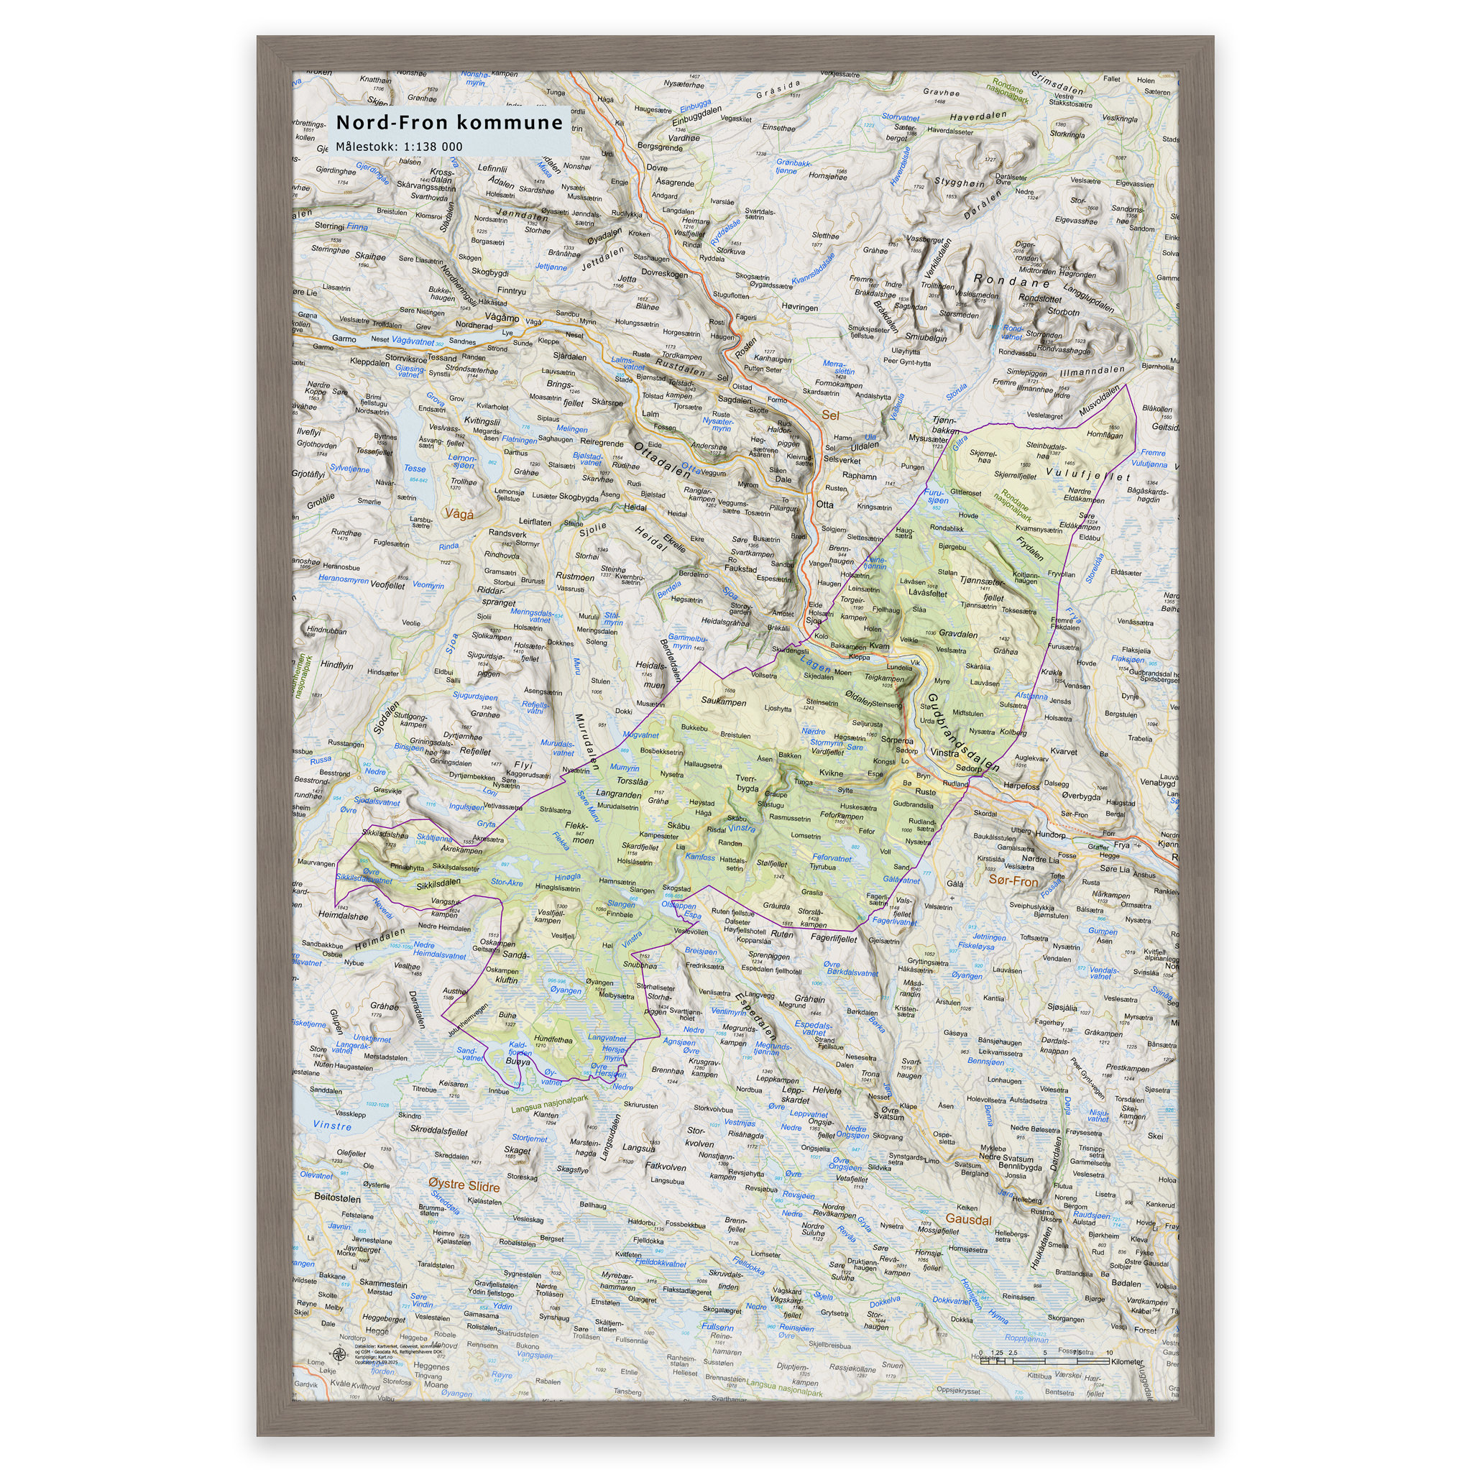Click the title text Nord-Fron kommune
pyautogui.click(x=448, y=122)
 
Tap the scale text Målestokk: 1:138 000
pyautogui.click(x=398, y=147)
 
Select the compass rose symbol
pyautogui.click(x=339, y=1354)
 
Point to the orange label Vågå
pyautogui.click(x=459, y=513)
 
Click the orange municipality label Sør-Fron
pyautogui.click(x=1013, y=880)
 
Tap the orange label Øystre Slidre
pyautogui.click(x=464, y=1186)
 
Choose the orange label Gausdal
pyautogui.click(x=968, y=1219)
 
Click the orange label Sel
pyautogui.click(x=829, y=415)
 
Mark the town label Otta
pyautogui.click(x=824, y=505)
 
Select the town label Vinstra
pyautogui.click(x=944, y=752)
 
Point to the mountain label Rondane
pyautogui.click(x=1012, y=281)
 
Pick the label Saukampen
pyautogui.click(x=724, y=701)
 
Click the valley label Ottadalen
pyautogui.click(x=662, y=459)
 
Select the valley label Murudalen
pyautogui.click(x=586, y=743)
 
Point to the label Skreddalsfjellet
pyautogui.click(x=439, y=1131)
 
